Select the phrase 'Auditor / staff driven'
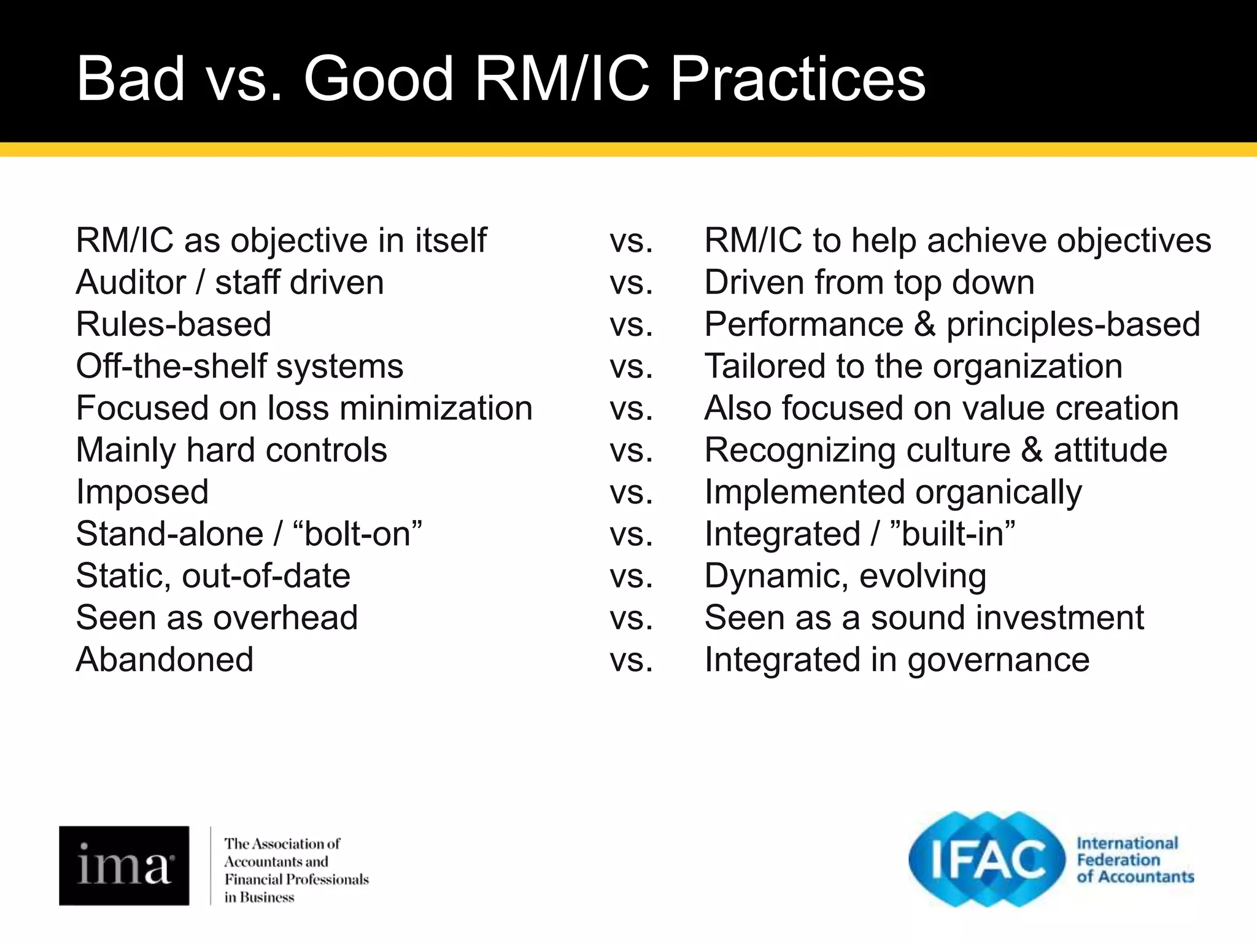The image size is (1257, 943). click(230, 283)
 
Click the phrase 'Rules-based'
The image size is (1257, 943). click(173, 325)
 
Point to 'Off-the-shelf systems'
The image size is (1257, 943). click(239, 367)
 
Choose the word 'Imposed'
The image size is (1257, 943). click(142, 492)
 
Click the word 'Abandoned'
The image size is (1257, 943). click(164, 660)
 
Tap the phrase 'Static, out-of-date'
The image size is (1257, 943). click(213, 576)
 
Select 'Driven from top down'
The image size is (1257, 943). click(869, 283)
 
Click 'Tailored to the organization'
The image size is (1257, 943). click(913, 367)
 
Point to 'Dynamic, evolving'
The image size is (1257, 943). click(845, 576)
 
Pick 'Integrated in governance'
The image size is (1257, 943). click(897, 660)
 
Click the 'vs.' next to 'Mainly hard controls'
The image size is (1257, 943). click(632, 451)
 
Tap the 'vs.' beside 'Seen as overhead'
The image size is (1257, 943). click(632, 618)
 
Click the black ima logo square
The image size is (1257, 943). click(124, 865)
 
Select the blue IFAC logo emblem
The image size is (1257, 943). click(987, 859)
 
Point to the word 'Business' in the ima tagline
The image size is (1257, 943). click(266, 898)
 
